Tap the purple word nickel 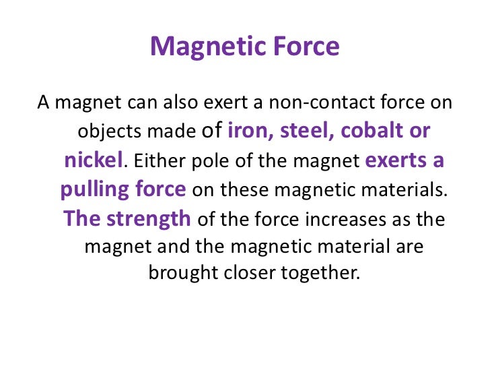pos(94,160)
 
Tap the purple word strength pos(150,218)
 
